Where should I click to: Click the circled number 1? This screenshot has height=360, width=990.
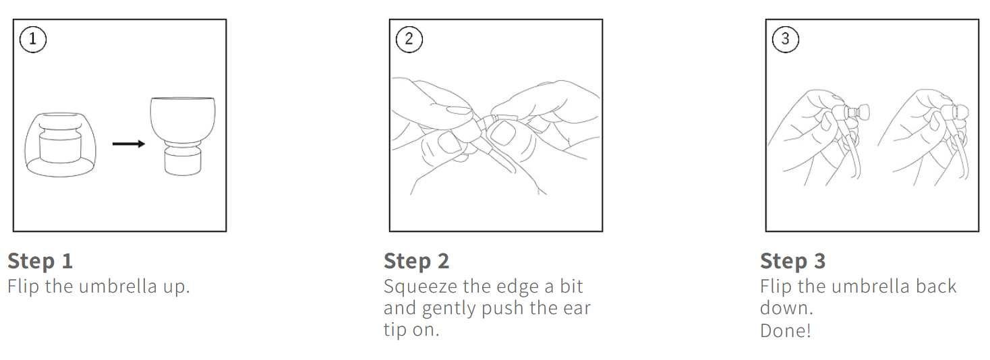32,39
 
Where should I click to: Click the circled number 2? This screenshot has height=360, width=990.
409,39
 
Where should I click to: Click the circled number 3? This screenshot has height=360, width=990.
785,39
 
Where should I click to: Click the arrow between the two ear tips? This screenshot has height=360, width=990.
129,144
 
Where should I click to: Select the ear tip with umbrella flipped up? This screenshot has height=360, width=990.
183,136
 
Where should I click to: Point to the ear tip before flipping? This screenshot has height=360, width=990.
61,144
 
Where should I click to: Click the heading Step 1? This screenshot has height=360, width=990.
40,261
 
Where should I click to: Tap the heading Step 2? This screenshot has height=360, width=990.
416,261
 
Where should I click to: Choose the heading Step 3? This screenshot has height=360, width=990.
792,261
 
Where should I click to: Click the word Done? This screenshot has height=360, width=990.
786,330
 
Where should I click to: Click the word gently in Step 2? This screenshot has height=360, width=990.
449,309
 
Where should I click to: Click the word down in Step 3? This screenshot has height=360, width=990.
786,308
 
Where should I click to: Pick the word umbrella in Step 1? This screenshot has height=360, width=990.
118,287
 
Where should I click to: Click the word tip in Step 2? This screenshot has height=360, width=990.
395,330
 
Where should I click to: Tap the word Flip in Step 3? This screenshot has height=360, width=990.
776,287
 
